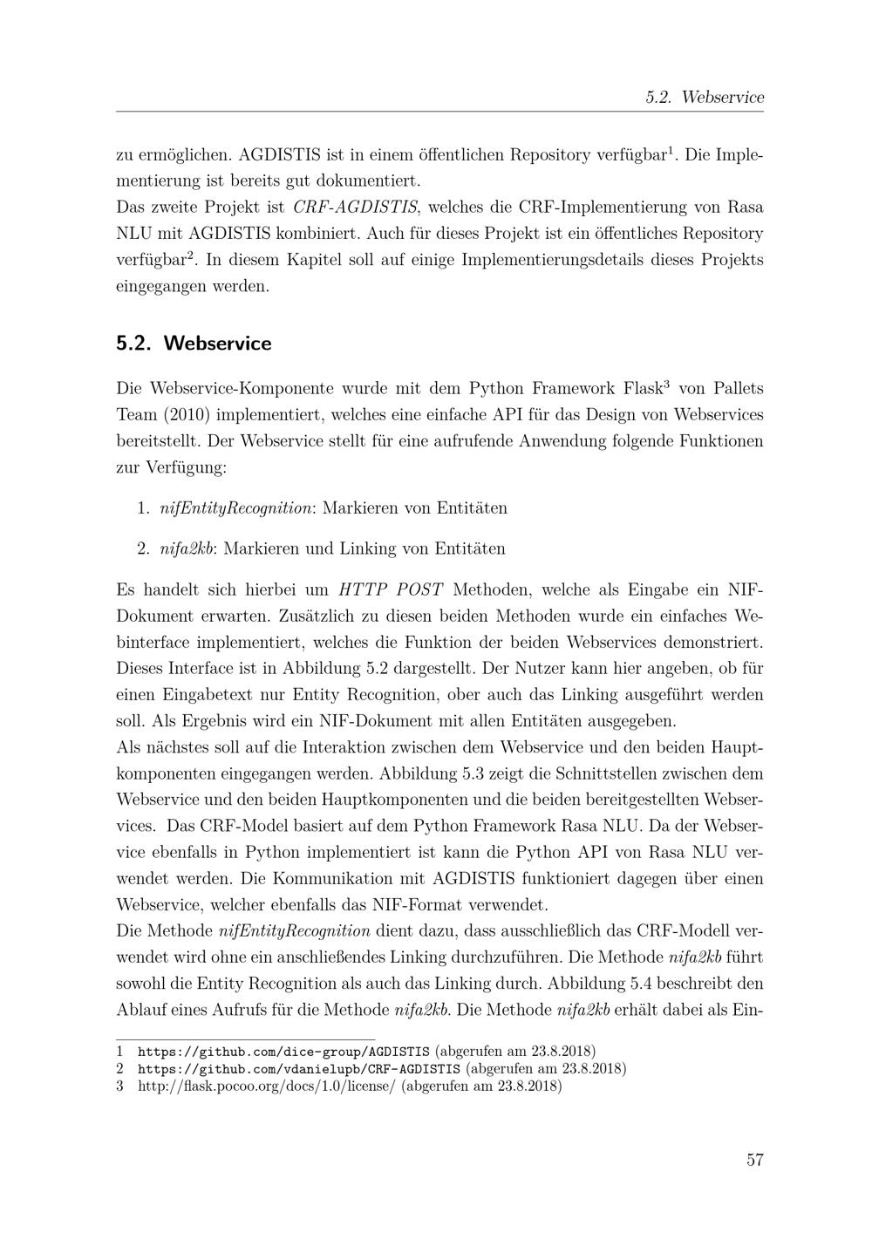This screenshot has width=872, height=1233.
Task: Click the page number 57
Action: [x=754, y=1160]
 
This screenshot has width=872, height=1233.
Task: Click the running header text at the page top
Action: [x=705, y=98]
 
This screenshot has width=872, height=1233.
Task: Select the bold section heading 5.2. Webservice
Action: [x=194, y=344]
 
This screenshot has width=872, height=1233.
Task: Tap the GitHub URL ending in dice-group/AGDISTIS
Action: [x=283, y=1051]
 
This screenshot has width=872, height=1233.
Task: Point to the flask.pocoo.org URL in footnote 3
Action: [x=267, y=1087]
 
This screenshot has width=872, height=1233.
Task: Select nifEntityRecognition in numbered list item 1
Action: [x=236, y=508]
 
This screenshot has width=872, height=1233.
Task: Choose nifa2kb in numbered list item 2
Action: [x=187, y=548]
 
